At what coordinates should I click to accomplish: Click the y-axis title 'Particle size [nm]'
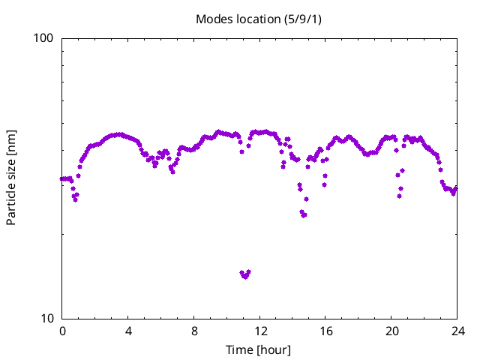pyautogui.click(x=11, y=178)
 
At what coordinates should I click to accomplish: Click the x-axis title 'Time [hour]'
pyautogui.click(x=259, y=349)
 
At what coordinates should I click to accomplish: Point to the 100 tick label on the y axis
pyautogui.click(x=46, y=38)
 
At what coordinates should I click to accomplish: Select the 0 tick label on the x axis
pyautogui.click(x=62, y=331)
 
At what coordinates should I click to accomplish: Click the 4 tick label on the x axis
pyautogui.click(x=128, y=331)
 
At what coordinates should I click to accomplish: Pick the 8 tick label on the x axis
pyautogui.click(x=194, y=331)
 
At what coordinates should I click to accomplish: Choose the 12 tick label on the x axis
pyautogui.click(x=260, y=331)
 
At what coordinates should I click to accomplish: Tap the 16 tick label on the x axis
pyautogui.click(x=326, y=331)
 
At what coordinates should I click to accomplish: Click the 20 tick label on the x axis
pyautogui.click(x=392, y=331)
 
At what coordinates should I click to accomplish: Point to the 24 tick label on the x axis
pyautogui.click(x=457, y=331)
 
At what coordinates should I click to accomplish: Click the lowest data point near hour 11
pyautogui.click(x=244, y=277)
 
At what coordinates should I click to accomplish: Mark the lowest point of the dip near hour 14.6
pyautogui.click(x=304, y=215)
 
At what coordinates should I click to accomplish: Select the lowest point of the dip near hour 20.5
pyautogui.click(x=400, y=196)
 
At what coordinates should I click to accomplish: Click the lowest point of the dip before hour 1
pyautogui.click(x=75, y=200)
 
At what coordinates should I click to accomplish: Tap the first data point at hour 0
pyautogui.click(x=62, y=178)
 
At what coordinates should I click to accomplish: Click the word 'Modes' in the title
pyautogui.click(x=213, y=18)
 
